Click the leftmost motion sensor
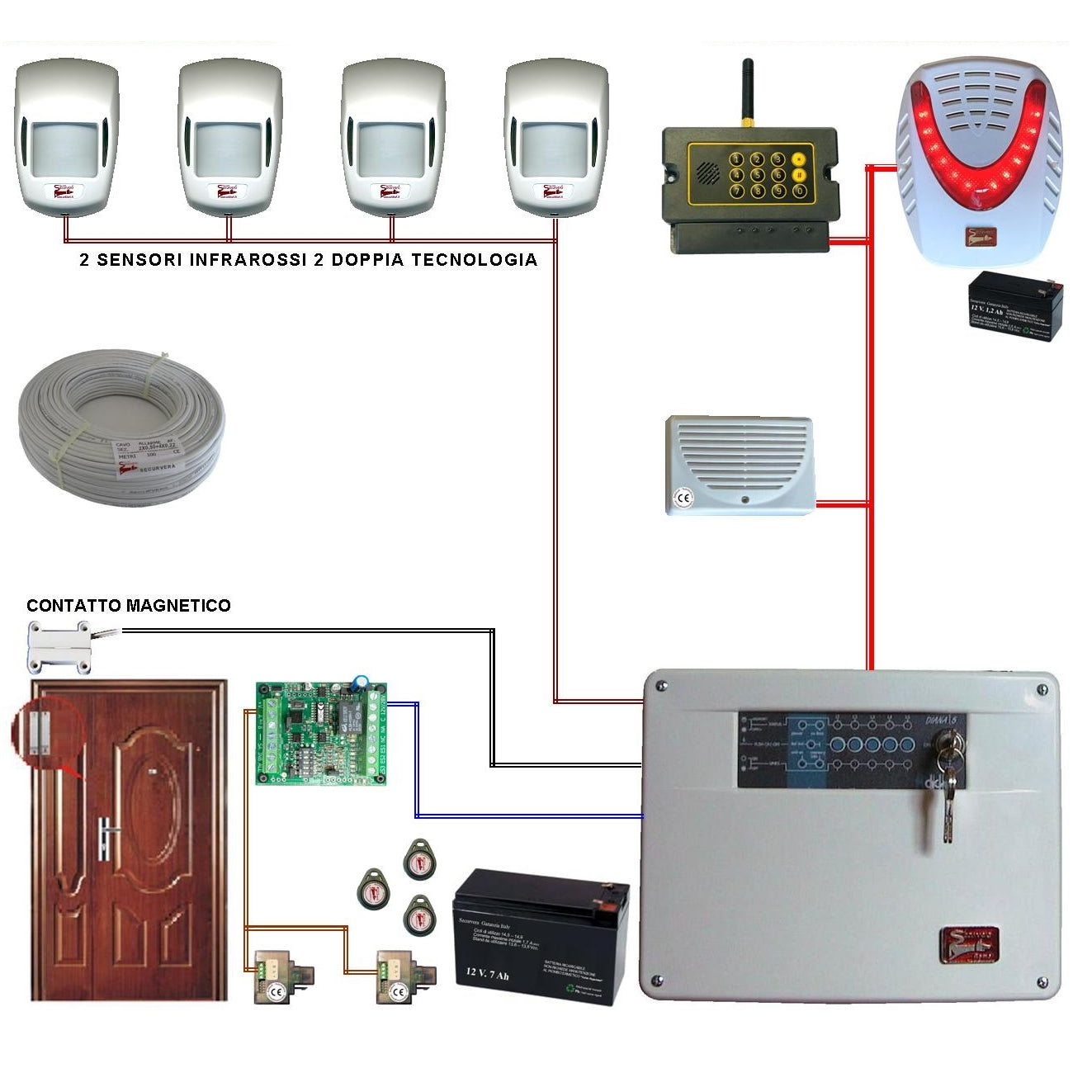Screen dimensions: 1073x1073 tap(66, 136)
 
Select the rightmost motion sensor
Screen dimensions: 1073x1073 tap(556, 136)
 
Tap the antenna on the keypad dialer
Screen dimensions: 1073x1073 tap(747, 91)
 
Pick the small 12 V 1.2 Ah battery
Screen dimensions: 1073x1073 tap(1014, 307)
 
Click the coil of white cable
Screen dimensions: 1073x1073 tap(121, 425)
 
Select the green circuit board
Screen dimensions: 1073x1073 tap(321, 733)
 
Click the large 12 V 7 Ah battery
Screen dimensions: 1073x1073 tap(541, 936)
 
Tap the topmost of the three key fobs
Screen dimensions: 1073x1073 tap(420, 861)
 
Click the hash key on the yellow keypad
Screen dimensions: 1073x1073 tap(799, 175)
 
